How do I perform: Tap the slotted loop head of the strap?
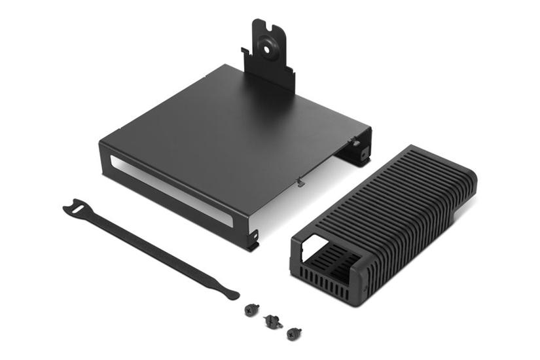[74, 209]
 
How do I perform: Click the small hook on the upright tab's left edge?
[244, 51]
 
